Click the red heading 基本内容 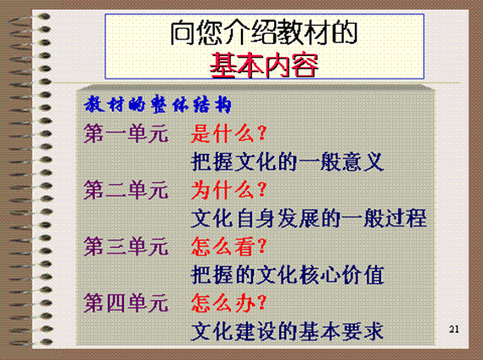tap(264, 65)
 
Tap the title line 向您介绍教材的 tap(264, 32)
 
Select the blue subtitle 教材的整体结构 tap(157, 104)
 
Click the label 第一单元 tap(126, 134)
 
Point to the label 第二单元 tap(126, 190)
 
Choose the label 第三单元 tap(126, 246)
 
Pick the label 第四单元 tap(126, 303)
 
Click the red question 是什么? tap(228, 134)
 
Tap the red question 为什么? tap(228, 190)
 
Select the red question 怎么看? tap(228, 246)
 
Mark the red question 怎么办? tap(228, 303)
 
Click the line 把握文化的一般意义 tap(287, 162)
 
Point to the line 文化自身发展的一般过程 tap(309, 218)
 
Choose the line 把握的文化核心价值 tap(287, 274)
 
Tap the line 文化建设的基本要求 tap(287, 331)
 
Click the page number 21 tap(454, 329)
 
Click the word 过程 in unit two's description tap(406, 218)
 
